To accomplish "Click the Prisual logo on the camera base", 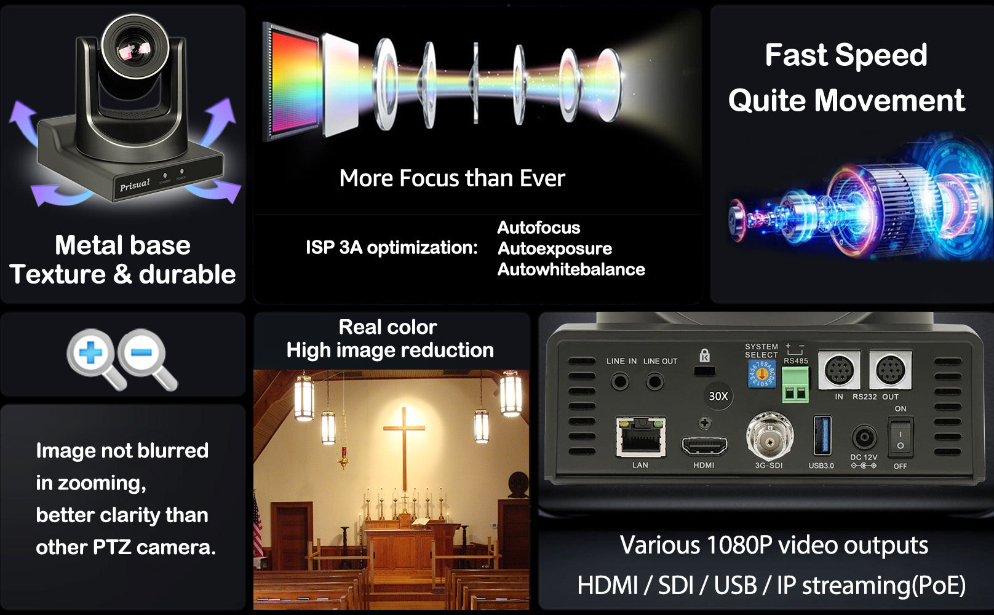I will point(135,184).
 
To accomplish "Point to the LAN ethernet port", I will point(641,437).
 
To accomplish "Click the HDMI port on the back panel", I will point(704,445).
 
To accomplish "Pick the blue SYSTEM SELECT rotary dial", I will point(761,374).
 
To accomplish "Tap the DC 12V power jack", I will point(864,439).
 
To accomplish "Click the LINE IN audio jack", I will point(620,383).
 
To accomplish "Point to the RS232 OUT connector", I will point(890,370).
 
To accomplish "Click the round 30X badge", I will point(718,396).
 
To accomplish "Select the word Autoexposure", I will point(555,248).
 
